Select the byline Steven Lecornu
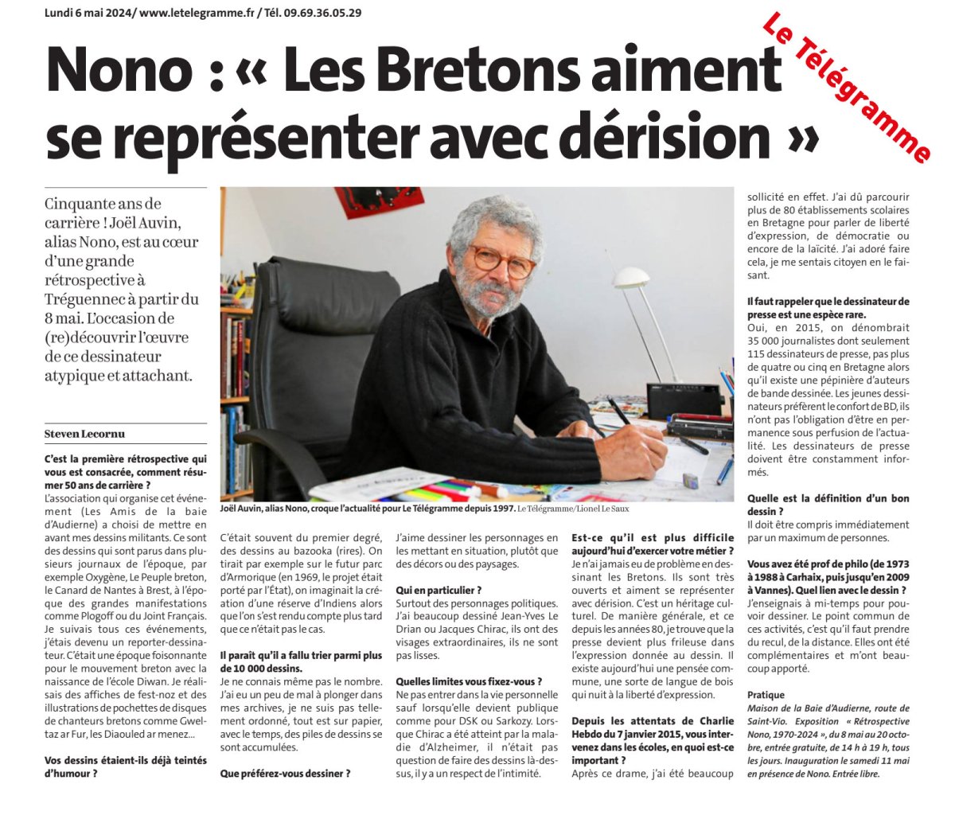coord(84,434)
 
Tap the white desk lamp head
coord(632,278)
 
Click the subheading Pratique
coord(766,695)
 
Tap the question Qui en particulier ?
coord(439,590)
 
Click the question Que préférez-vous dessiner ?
coord(285,773)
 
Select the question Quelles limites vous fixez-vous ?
coord(469,681)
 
